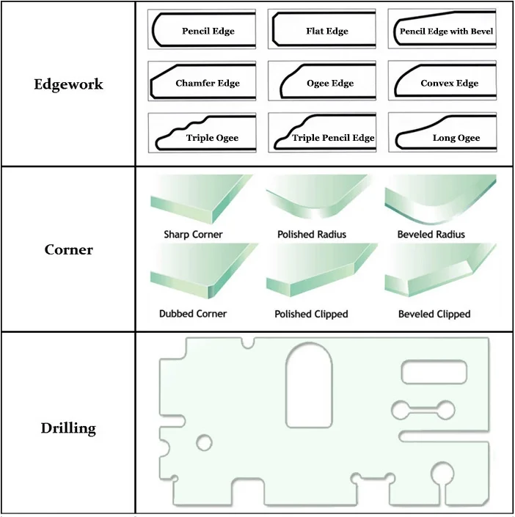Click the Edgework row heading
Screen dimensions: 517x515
[x=68, y=84]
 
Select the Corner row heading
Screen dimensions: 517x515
[x=68, y=249]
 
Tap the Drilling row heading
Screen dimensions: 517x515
[x=68, y=428]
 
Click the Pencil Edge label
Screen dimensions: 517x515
[x=208, y=32]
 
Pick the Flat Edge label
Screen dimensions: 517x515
[x=327, y=32]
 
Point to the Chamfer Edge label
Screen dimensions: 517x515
[x=208, y=84]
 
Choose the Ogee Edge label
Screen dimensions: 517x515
[x=330, y=84]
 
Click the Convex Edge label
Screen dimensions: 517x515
[x=449, y=84]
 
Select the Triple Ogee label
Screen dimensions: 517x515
[x=212, y=138]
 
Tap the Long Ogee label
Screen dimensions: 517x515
[x=456, y=138]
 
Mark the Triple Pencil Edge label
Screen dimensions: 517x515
[x=333, y=138]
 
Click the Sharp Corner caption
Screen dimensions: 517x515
[x=194, y=235]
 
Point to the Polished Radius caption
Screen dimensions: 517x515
[x=312, y=235]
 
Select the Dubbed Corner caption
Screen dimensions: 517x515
[x=193, y=314]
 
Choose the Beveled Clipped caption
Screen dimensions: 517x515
[x=434, y=314]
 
